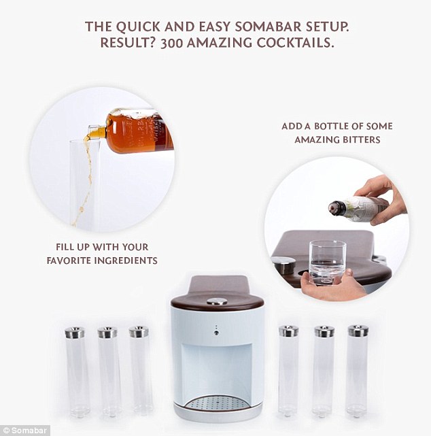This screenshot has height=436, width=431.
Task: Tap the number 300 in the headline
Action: tap(171, 43)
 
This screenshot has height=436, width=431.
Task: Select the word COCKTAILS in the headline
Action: tap(295, 43)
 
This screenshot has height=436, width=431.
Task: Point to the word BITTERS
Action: tap(361, 139)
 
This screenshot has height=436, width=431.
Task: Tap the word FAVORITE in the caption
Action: tap(69, 261)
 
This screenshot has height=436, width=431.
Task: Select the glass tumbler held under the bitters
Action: tap(328, 262)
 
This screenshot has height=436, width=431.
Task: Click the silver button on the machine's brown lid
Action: tap(217, 301)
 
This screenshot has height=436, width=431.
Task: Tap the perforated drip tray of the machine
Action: tap(217, 403)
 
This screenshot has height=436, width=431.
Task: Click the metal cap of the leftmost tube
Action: tap(75, 333)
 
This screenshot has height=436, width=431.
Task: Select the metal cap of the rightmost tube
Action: tap(358, 331)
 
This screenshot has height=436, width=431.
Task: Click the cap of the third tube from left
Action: tap(139, 332)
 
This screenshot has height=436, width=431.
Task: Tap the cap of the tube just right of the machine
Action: tap(288, 331)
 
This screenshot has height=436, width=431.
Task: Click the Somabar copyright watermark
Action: tap(24, 431)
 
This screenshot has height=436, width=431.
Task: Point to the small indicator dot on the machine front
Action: tap(216, 333)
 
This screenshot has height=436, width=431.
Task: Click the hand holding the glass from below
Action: tap(332, 286)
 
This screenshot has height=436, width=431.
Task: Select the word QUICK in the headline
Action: tap(138, 27)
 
